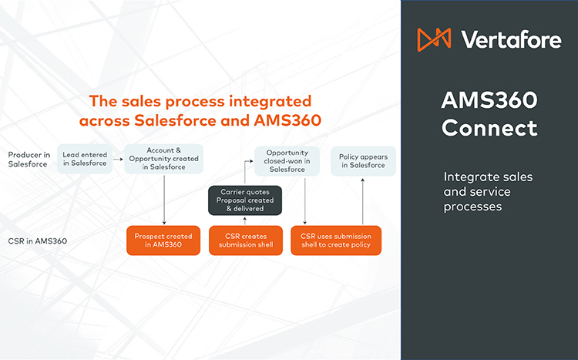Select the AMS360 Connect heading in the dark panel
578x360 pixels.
[x=489, y=114]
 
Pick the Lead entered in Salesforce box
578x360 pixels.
[x=84, y=159]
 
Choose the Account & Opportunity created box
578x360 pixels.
[x=164, y=159]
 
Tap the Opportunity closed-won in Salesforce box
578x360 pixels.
[x=283, y=161]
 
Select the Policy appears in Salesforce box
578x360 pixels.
[x=363, y=161]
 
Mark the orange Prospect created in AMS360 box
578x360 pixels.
[x=163, y=240]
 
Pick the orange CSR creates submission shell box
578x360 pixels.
[x=244, y=240]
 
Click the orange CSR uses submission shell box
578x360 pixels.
[x=335, y=240]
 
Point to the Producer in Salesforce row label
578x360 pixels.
[x=28, y=159]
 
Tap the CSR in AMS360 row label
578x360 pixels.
[x=38, y=241]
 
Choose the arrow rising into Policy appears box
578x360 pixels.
[x=363, y=200]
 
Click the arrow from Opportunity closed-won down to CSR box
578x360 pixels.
[x=306, y=200]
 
